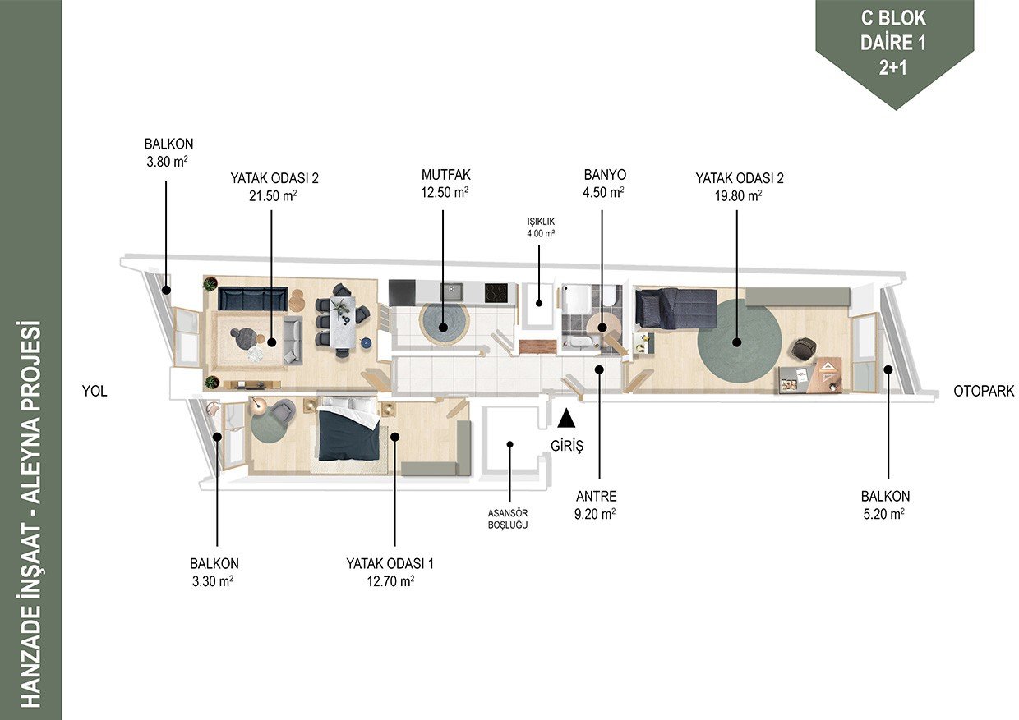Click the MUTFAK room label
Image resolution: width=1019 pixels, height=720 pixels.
click(x=445, y=175)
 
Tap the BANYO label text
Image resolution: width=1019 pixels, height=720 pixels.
click(x=605, y=175)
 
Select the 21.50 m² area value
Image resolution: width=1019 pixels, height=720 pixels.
click(x=273, y=196)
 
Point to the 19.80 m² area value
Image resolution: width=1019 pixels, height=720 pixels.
click(x=738, y=196)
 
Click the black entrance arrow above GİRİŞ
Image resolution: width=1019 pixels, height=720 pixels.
click(x=566, y=418)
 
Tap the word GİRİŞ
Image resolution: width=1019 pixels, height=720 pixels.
click(x=567, y=446)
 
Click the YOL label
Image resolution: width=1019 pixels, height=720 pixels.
click(x=95, y=391)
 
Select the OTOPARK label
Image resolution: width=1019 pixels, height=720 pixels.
click(x=984, y=391)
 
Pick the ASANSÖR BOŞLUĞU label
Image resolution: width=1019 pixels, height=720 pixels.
click(x=508, y=519)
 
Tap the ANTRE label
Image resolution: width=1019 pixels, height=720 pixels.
click(x=596, y=496)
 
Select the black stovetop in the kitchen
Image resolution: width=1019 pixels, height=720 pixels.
click(x=496, y=293)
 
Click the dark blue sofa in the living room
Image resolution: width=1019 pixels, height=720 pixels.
click(x=252, y=298)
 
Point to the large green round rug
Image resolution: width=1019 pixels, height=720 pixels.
click(x=740, y=343)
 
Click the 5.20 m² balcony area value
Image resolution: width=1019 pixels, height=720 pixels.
click(x=883, y=514)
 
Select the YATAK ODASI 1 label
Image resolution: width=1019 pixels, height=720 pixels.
click(x=390, y=564)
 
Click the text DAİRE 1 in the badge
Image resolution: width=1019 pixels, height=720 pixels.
click(x=893, y=44)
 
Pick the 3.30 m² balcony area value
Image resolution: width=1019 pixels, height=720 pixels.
click(x=213, y=581)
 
